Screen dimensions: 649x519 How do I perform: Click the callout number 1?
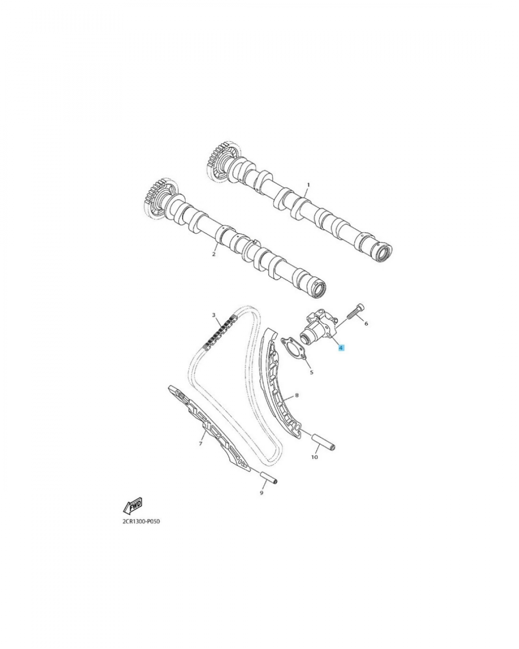(x=308, y=185)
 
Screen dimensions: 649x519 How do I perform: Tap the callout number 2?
(x=214, y=254)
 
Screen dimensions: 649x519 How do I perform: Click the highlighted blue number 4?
(x=341, y=347)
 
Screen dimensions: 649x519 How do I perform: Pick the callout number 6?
(x=366, y=323)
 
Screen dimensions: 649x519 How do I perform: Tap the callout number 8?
(x=297, y=395)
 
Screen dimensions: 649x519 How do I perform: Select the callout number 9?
(x=261, y=493)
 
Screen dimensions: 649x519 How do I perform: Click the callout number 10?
(x=314, y=457)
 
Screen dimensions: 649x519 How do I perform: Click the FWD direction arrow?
(x=133, y=505)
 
